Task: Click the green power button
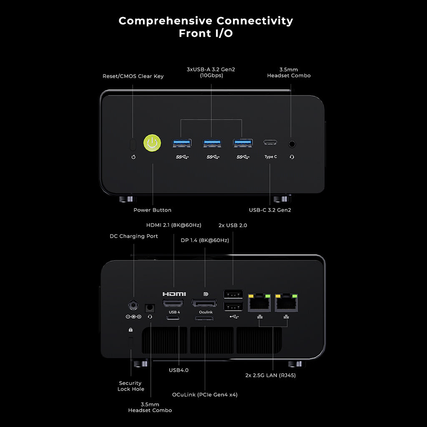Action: pyautogui.click(x=152, y=143)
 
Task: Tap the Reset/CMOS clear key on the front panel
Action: pyautogui.click(x=133, y=144)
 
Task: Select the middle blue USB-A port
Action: pyautogui.click(x=212, y=143)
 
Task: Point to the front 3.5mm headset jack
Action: pyautogui.click(x=292, y=143)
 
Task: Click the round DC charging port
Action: pyautogui.click(x=133, y=305)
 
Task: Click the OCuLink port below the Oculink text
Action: pyautogui.click(x=204, y=319)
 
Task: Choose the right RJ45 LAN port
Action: pyautogui.click(x=286, y=303)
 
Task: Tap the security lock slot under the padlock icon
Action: pyautogui.click(x=131, y=342)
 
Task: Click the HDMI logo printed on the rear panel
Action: pyautogui.click(x=174, y=294)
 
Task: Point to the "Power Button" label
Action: pyautogui.click(x=152, y=210)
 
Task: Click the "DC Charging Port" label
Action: pyautogui.click(x=134, y=236)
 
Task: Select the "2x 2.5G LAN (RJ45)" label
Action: pyautogui.click(x=271, y=375)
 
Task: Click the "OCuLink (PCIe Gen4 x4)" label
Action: pyautogui.click(x=205, y=394)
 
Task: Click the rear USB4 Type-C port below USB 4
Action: pyautogui.click(x=173, y=319)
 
